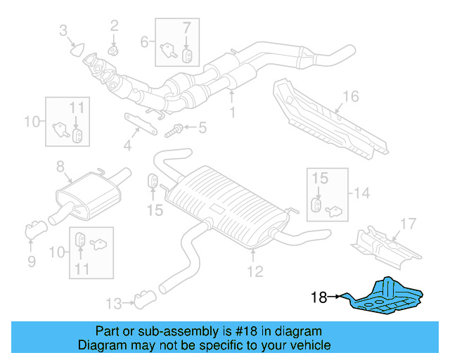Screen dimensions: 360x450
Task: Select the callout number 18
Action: [319, 297]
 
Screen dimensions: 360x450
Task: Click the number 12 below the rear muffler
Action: [255, 270]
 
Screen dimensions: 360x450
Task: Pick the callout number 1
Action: [232, 112]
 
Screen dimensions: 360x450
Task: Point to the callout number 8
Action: [60, 167]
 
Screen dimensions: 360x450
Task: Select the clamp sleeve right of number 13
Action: [145, 302]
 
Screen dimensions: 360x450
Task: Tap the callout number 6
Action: [144, 42]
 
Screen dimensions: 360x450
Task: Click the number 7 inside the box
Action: [186, 28]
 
